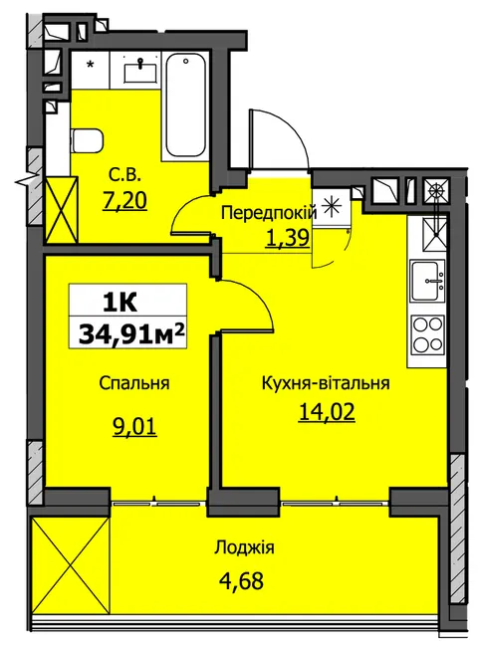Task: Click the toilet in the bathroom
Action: (86, 140)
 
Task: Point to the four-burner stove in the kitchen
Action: (428, 333)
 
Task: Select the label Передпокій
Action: (269, 213)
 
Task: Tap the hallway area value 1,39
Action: (288, 237)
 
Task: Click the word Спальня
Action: (134, 384)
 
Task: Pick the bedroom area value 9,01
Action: (135, 427)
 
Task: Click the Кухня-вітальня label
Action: (326, 383)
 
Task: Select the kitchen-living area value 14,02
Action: (327, 412)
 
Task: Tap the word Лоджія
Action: (244, 547)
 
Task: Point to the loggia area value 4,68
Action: (241, 582)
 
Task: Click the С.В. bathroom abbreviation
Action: (125, 177)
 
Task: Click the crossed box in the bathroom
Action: (61, 210)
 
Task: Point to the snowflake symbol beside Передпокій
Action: (331, 205)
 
